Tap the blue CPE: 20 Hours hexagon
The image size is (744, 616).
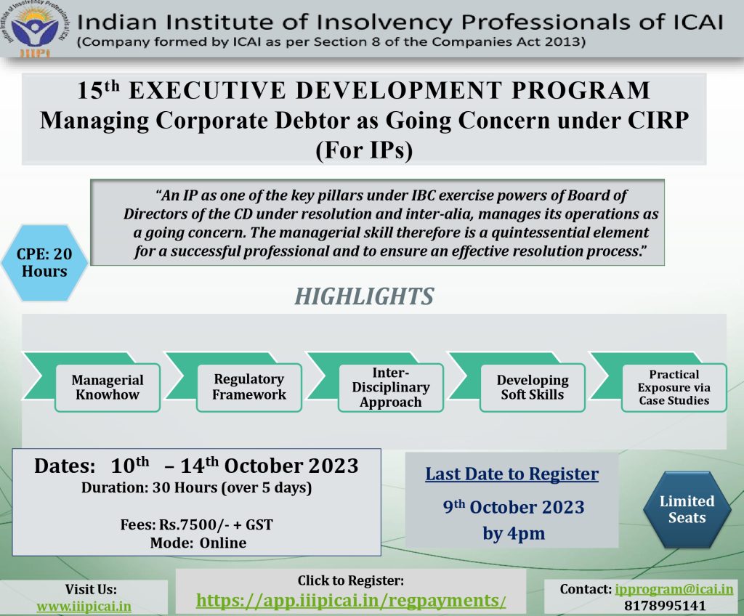point(44,263)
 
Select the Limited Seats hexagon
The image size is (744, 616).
point(687,509)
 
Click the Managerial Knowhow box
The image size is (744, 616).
point(108,387)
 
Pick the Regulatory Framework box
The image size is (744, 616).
point(249,387)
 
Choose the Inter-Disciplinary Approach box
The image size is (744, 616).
point(390,387)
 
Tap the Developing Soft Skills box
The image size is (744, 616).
point(533,387)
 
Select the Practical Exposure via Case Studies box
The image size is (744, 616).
point(674,387)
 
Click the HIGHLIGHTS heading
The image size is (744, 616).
point(364,296)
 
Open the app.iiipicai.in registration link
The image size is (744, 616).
point(351,600)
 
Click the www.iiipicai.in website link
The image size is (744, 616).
point(84,607)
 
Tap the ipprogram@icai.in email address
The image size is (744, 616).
point(674,589)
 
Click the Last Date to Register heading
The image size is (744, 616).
point(512,474)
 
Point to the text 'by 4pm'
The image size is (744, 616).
point(514,533)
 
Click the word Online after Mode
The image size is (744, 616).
point(223,543)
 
